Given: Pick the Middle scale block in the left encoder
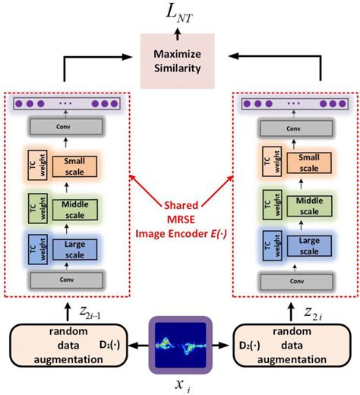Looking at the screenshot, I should (x=75, y=207).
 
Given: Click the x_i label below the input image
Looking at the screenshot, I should (x=180, y=382).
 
